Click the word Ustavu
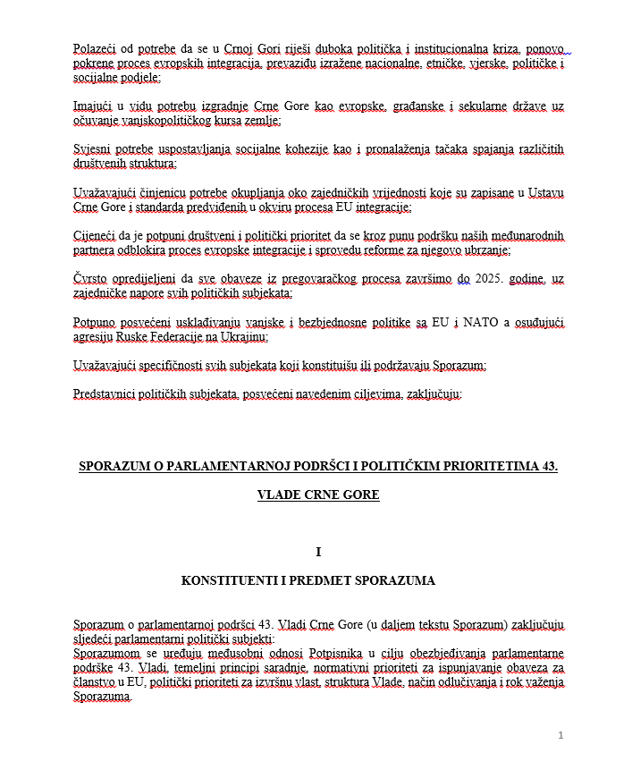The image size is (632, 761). pos(546,192)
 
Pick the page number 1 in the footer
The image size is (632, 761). pos(560,735)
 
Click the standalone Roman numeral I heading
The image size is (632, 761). pos(317,553)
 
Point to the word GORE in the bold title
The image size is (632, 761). pos(360,495)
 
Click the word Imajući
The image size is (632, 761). pos(95,106)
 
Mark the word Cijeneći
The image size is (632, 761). pos(97,235)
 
